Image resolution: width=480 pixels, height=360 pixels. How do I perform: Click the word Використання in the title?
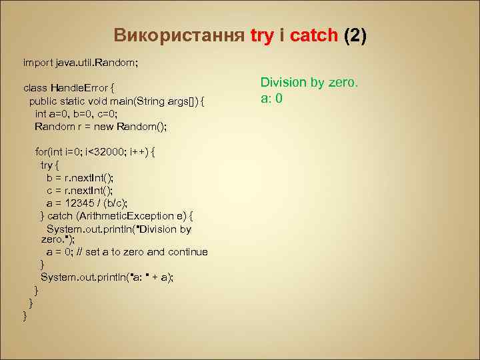(179, 36)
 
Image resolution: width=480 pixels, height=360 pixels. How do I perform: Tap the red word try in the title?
(263, 36)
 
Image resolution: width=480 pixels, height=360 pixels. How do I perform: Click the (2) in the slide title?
(355, 36)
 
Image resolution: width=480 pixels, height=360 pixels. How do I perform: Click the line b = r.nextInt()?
(80, 177)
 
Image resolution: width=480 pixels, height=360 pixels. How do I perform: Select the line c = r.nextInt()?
(80, 190)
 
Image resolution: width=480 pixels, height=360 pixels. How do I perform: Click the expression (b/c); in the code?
(114, 203)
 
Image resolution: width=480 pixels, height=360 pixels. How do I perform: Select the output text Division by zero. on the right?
(309, 83)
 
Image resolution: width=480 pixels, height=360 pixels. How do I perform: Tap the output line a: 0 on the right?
(272, 99)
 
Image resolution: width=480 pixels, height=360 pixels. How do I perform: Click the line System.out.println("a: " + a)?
(107, 277)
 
